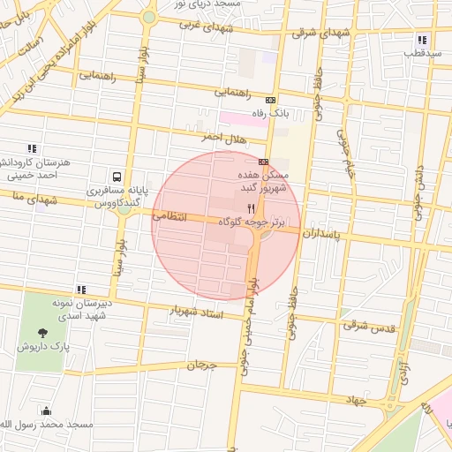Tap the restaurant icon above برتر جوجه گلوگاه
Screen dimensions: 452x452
tap(237, 207)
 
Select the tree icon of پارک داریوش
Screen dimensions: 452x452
tap(42, 333)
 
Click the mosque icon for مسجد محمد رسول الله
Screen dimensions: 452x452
tap(46, 411)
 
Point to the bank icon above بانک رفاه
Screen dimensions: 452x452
tap(270, 101)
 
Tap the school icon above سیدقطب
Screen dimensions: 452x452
tap(423, 40)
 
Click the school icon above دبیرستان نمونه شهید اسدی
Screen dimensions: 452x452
tap(81, 290)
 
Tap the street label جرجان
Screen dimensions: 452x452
tap(201, 365)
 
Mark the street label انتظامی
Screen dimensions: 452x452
tap(169, 215)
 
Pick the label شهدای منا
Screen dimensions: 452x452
tap(29, 200)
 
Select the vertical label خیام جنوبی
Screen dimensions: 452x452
tap(345, 151)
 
